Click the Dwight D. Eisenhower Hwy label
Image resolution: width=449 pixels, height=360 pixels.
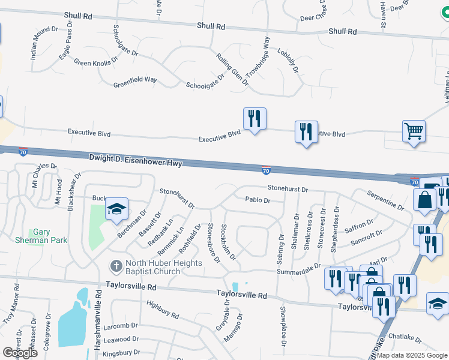(136, 159)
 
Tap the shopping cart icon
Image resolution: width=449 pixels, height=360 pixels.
(414, 130)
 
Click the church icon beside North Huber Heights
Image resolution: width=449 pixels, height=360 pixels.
(116, 265)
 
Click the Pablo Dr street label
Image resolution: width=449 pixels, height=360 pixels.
(258, 200)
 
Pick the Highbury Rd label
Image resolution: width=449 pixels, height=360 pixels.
(163, 310)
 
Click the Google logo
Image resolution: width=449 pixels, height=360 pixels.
(19, 352)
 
